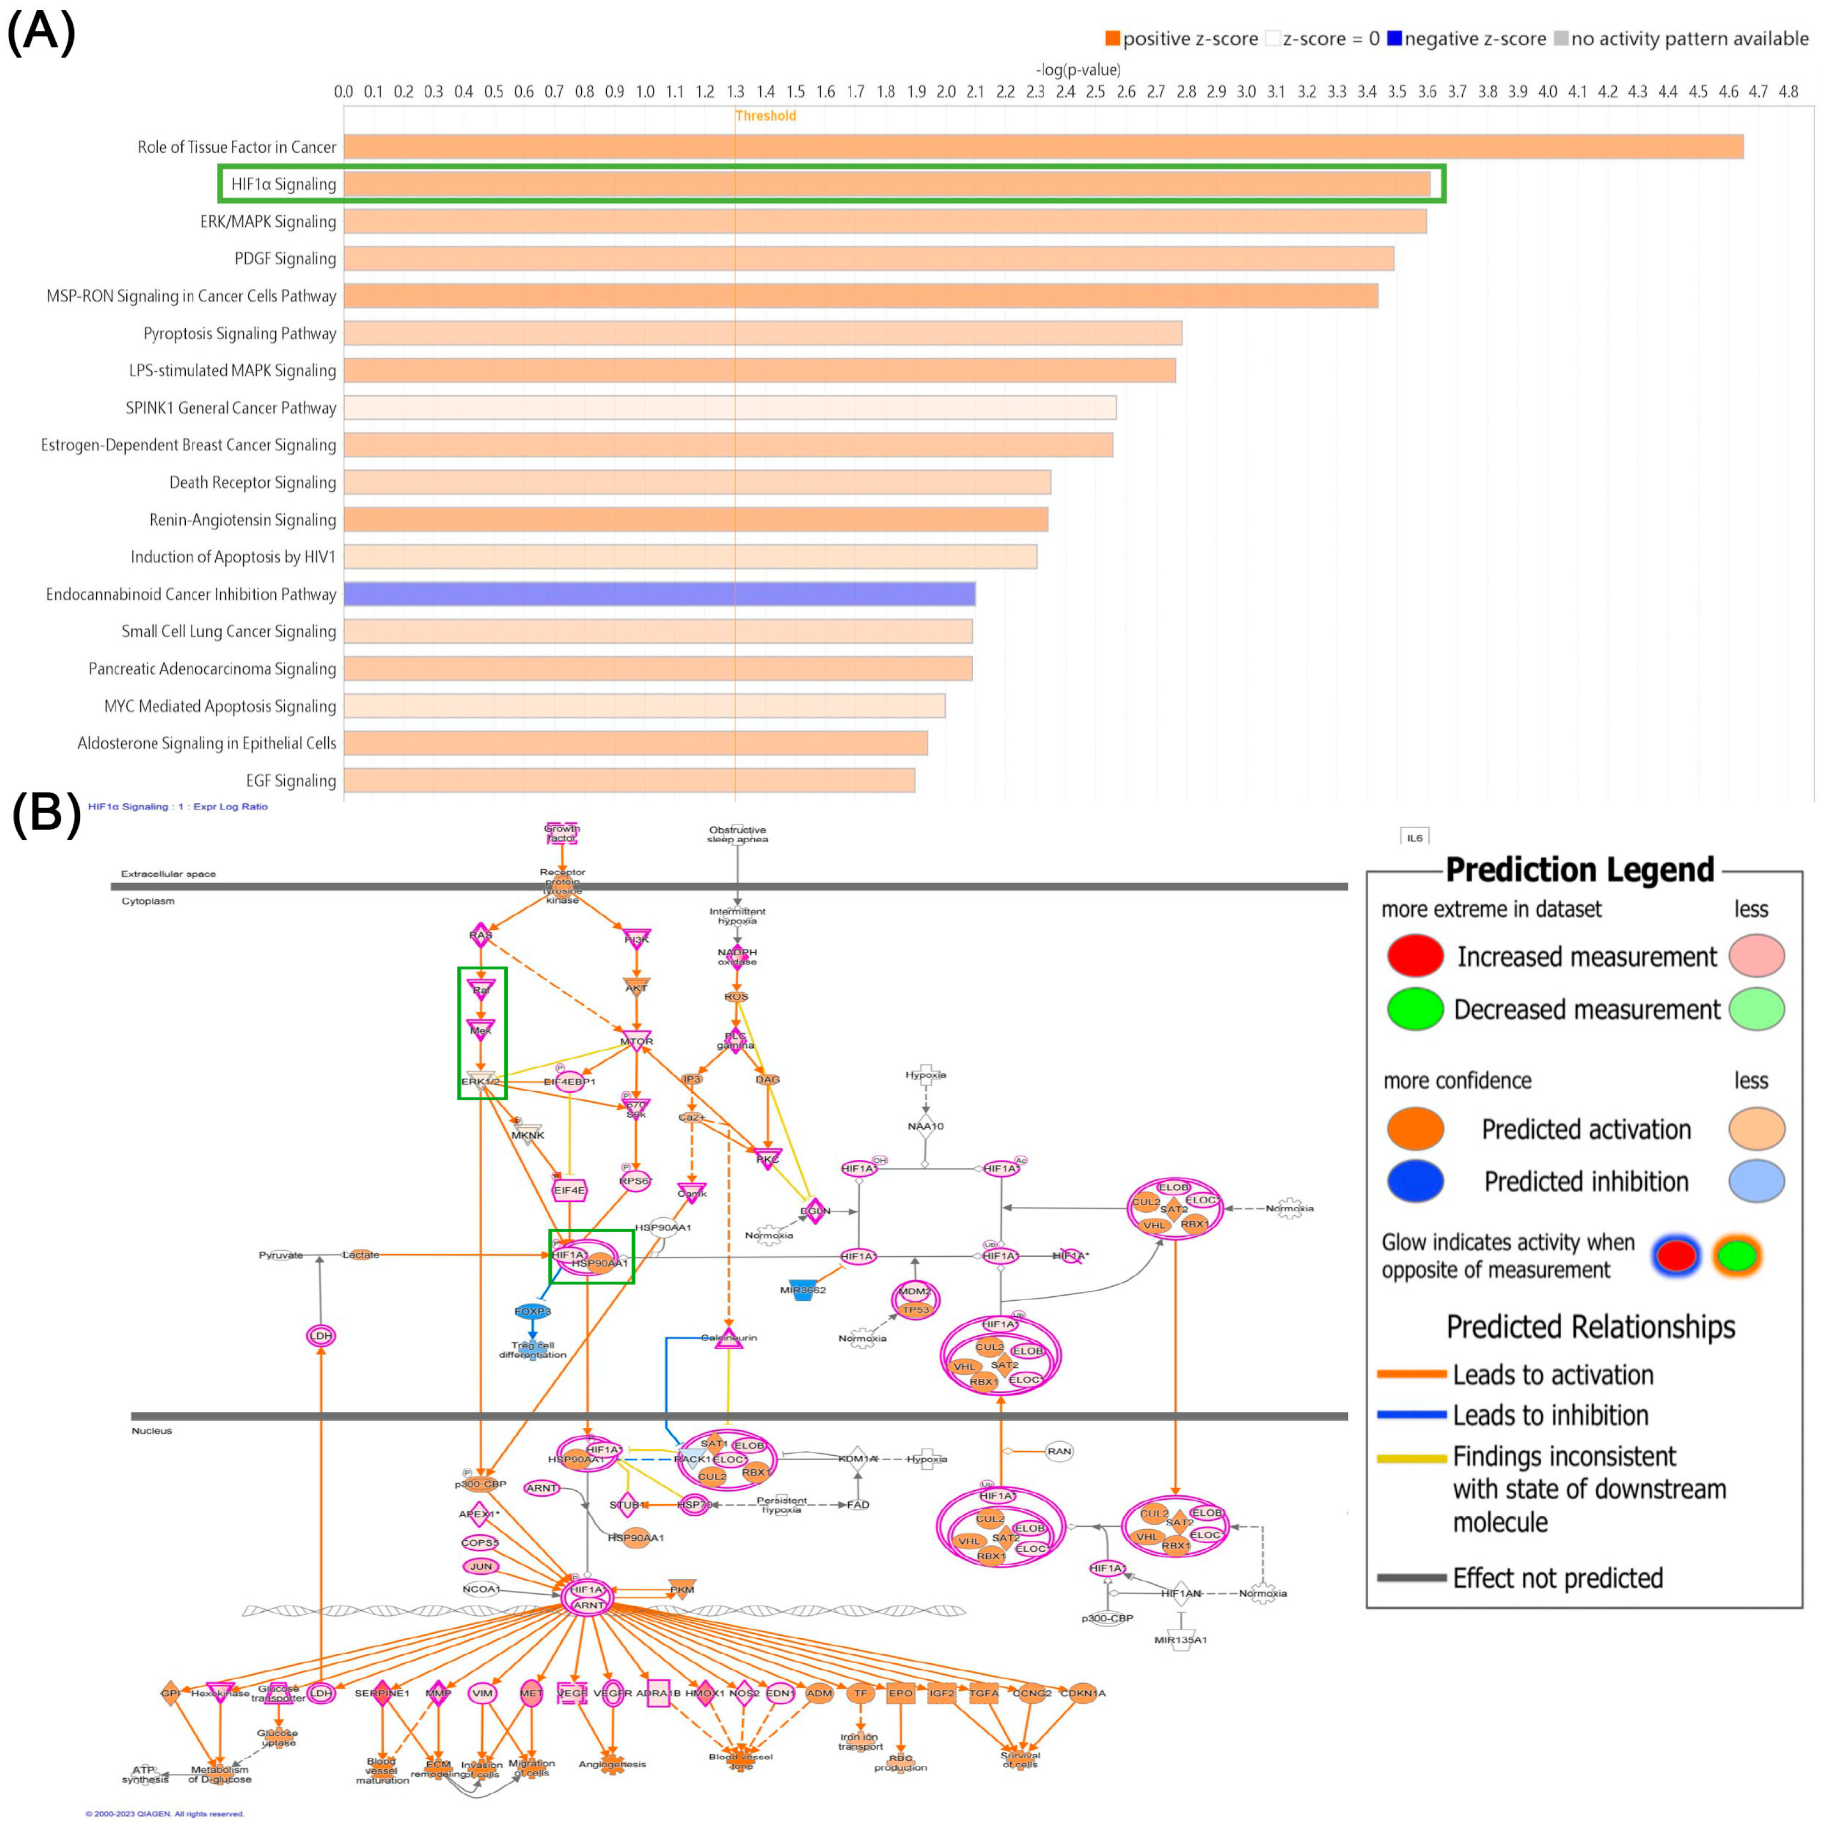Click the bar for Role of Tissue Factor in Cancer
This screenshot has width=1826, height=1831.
1043,147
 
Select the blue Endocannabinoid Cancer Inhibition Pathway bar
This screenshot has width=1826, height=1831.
659,594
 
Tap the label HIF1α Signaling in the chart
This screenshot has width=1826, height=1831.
284,184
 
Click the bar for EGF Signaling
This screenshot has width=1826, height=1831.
629,781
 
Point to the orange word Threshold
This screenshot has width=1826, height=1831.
766,116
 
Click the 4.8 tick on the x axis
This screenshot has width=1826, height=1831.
1788,92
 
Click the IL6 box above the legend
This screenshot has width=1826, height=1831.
1414,838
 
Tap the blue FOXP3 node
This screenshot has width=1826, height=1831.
532,1312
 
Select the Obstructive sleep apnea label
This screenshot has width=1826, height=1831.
738,834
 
